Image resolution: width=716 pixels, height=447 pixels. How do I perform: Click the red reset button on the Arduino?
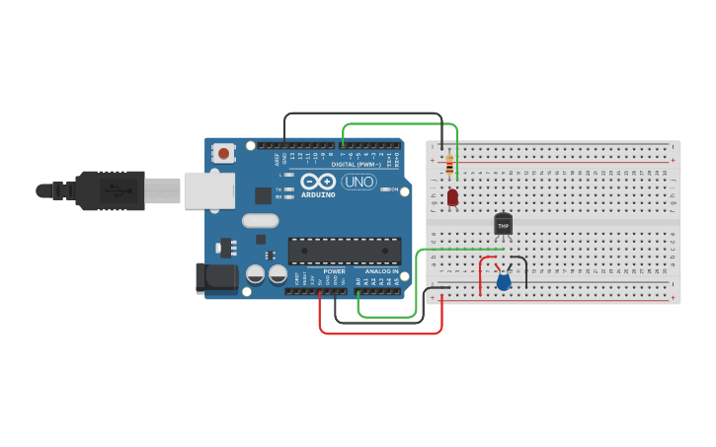pos(224,153)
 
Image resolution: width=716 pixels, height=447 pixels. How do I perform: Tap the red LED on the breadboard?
pos(452,197)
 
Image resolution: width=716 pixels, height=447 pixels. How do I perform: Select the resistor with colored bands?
pos(450,164)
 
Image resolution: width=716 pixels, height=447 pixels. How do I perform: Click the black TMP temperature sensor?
pos(504,225)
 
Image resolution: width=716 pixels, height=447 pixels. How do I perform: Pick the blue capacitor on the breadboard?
pos(504,282)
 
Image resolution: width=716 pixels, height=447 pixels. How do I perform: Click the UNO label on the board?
pos(358,182)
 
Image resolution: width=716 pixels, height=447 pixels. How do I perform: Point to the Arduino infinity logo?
pos(319,182)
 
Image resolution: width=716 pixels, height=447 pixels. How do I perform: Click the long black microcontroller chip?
pos(345,251)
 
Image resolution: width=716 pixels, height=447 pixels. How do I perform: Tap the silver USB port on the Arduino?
pos(209,190)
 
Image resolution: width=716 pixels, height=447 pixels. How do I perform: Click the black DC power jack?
pos(217,277)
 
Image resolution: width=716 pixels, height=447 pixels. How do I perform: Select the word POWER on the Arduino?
pos(335,271)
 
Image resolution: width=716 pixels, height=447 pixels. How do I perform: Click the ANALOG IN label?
pos(381,271)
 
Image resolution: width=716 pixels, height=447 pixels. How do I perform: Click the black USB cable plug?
pos(109,190)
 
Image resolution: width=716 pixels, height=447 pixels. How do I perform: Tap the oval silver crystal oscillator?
pos(260,221)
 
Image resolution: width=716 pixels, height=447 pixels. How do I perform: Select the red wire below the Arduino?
pos(380,333)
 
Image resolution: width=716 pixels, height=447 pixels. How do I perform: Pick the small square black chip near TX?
pos(263,195)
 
